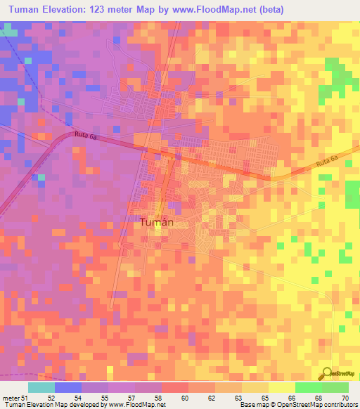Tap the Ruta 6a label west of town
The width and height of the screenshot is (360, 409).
pyautogui.click(x=84, y=135)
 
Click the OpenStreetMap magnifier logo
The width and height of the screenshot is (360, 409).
pyautogui.click(x=328, y=374)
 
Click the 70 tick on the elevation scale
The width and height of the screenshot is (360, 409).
pyautogui.click(x=344, y=397)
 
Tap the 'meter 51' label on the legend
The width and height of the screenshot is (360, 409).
pyautogui.click(x=13, y=397)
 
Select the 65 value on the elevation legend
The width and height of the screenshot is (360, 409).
pyautogui.click(x=264, y=397)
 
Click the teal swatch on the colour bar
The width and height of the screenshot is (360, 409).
pyautogui.click(x=41, y=387)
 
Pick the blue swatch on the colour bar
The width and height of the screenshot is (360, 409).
pyautogui.click(x=68, y=387)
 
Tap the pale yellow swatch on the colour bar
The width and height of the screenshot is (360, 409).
pyautogui.click(x=282, y=387)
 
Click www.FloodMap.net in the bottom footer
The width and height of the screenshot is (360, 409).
pyautogui.click(x=138, y=405)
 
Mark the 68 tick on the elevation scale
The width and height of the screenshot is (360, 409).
pyautogui.click(x=318, y=397)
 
